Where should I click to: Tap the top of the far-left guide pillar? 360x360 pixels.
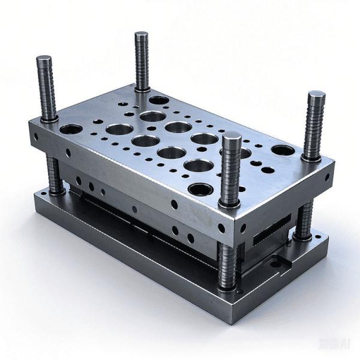click(44, 59)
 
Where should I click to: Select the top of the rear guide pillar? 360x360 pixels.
click(142, 35)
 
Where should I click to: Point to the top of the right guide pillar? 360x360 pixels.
click(316, 96)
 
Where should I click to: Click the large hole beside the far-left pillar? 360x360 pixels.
click(71, 129)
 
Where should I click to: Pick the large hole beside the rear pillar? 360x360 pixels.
click(158, 100)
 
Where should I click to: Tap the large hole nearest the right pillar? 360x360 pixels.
click(283, 150)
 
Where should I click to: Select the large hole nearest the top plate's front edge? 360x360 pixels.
click(200, 190)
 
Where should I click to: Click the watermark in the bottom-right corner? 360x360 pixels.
click(343, 344)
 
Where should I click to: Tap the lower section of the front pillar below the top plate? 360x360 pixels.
click(228, 264)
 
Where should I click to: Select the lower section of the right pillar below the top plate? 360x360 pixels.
click(304, 219)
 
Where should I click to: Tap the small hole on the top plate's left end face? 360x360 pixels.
click(37, 137)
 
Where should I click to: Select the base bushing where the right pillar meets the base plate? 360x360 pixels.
click(302, 237)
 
